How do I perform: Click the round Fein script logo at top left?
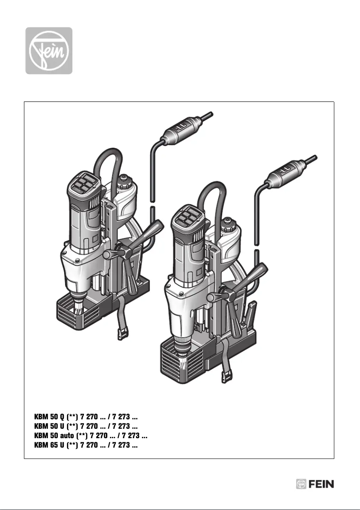(48, 51)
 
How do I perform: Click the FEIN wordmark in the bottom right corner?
(321, 484)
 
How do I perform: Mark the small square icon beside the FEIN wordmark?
(301, 484)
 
